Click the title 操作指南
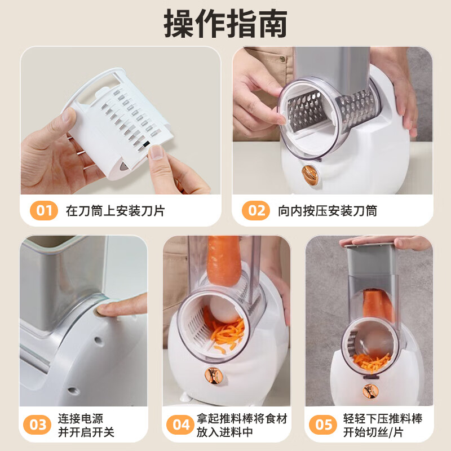tap(225, 24)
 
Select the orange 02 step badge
tap(256, 211)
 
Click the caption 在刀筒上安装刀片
tap(115, 211)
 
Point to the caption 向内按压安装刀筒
tap(327, 211)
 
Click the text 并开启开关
tap(86, 432)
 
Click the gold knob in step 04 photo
tap(213, 374)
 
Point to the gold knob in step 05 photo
tap(370, 390)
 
